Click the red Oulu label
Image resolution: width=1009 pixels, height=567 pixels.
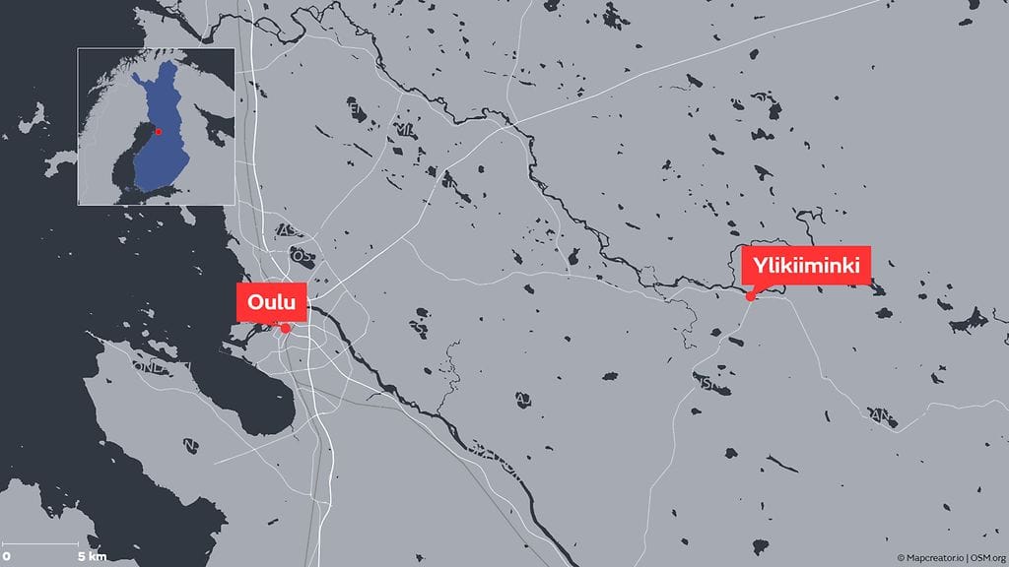[272, 301]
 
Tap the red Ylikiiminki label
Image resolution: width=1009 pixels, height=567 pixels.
[807, 265]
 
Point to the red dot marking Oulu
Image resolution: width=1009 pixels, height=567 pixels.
[286, 328]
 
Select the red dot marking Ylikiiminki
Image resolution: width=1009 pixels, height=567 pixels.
[751, 295]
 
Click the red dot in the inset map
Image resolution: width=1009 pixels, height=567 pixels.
[159, 130]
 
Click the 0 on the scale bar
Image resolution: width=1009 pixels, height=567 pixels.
[7, 556]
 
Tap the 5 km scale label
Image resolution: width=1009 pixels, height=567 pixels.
[92, 556]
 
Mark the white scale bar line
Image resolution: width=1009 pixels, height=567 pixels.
[49, 543]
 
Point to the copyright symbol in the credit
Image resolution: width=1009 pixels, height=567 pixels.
[901, 557]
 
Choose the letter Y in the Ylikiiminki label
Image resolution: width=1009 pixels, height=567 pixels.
[760, 265]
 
